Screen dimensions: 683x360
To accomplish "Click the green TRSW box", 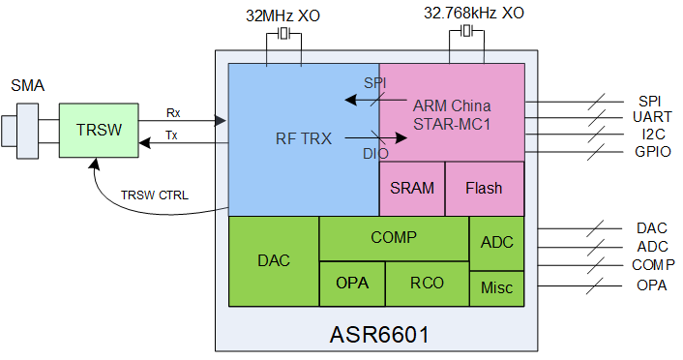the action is (99, 130).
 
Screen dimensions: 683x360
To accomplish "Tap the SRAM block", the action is (412, 189).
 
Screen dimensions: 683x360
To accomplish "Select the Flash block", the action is (485, 189).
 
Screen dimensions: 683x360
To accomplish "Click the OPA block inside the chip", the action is (352, 284).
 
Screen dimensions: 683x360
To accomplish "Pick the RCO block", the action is (428, 284).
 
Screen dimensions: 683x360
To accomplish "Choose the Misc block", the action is (497, 288).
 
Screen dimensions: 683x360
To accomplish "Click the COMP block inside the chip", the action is (394, 238).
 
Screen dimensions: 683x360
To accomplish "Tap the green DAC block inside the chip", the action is (274, 261).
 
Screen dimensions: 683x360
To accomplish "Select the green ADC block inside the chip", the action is (497, 243).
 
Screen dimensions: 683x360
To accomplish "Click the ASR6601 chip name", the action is (380, 335).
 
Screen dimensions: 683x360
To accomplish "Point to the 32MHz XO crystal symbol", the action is (283, 33).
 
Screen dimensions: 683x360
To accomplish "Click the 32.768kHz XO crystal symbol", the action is (466, 31).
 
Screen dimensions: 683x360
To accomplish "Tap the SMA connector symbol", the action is (20, 132).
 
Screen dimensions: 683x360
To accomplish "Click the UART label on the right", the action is (652, 117).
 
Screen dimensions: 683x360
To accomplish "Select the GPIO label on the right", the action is (652, 152).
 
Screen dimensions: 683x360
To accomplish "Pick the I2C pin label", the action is (653, 135).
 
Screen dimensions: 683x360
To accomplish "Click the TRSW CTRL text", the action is (155, 195).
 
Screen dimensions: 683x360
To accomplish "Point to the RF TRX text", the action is (304, 138).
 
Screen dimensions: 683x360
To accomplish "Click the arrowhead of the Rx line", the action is (221, 121).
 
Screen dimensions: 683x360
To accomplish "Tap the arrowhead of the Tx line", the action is (144, 142).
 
